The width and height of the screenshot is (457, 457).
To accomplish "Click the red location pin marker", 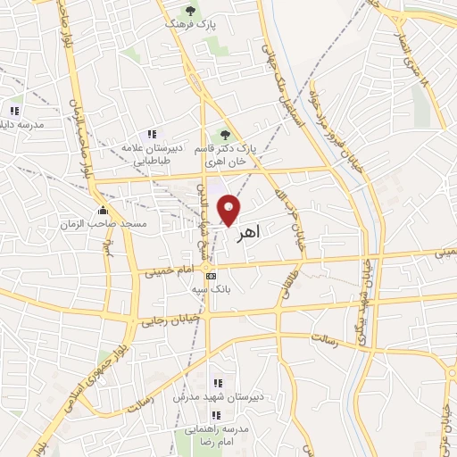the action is tap(230, 209).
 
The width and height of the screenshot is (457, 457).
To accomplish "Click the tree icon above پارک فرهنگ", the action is tap(188, 11).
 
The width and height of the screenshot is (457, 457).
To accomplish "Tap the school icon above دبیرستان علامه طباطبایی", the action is tap(151, 134).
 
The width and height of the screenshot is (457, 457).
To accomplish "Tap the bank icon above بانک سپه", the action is tap(211, 278).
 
